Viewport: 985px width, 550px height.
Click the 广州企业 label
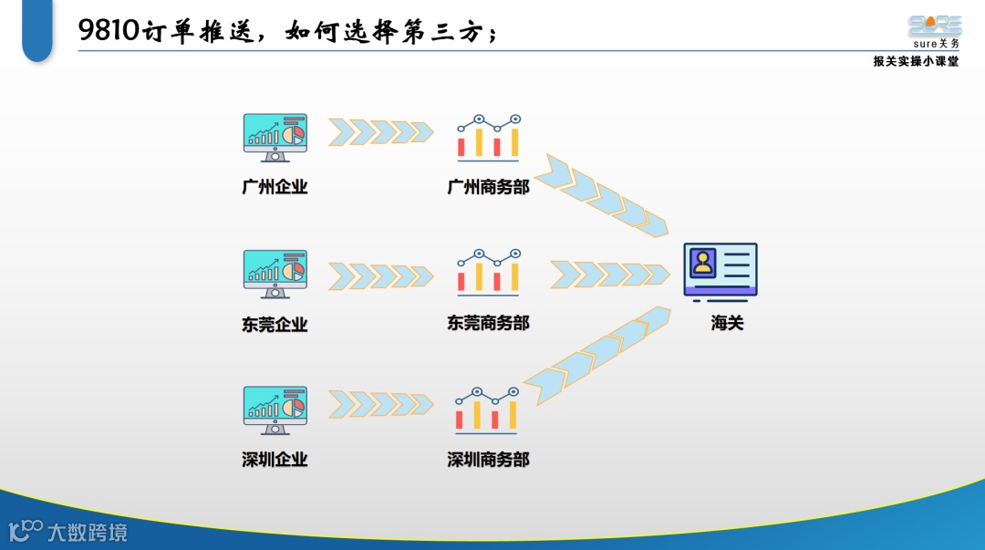(x=275, y=187)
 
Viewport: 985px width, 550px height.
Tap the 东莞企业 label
(x=275, y=324)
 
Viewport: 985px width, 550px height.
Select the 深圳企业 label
(x=275, y=459)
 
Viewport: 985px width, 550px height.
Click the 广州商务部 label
(x=488, y=187)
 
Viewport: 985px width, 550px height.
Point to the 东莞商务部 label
(x=488, y=323)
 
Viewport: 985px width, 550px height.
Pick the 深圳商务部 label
(x=488, y=459)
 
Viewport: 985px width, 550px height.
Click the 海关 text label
(x=727, y=323)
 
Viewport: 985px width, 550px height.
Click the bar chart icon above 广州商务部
(x=488, y=137)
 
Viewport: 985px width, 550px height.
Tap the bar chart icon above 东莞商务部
(x=488, y=272)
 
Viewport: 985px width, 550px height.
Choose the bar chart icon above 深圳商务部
(x=488, y=409)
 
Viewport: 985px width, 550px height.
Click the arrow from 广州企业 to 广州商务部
(x=380, y=132)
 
